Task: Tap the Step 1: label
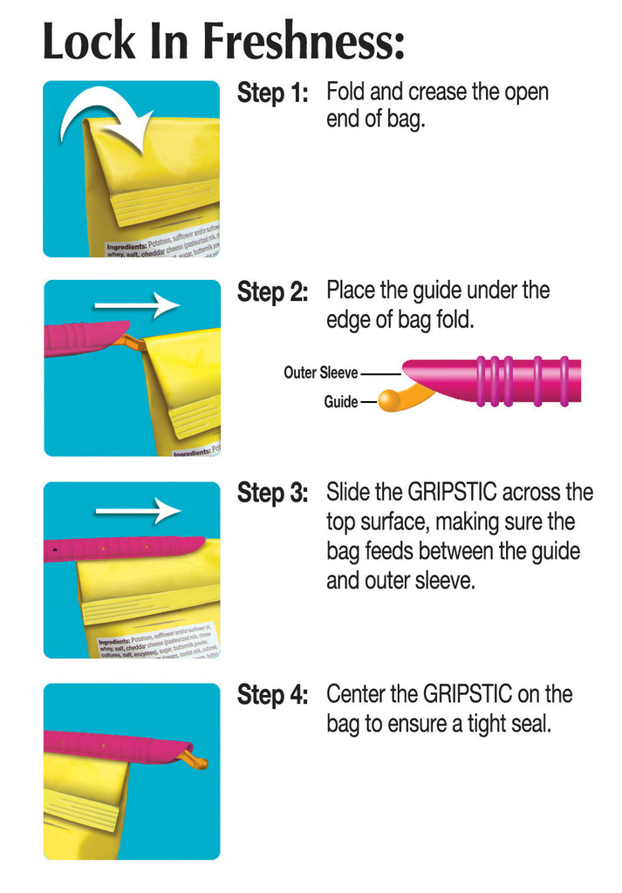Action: coord(272,94)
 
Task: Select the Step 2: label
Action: coord(272,293)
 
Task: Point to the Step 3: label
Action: coord(272,494)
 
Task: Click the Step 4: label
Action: coord(272,696)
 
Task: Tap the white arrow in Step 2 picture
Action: coord(135,305)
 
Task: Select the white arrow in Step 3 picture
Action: coord(137,510)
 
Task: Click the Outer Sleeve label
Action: coord(320,372)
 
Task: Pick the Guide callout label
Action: coord(340,402)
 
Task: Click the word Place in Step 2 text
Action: coord(352,290)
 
